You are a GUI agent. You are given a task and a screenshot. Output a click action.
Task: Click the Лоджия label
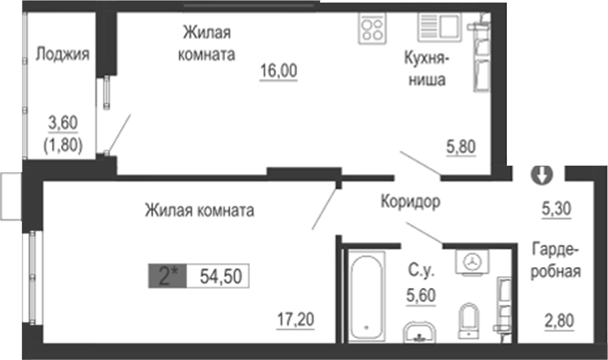tap(62, 54)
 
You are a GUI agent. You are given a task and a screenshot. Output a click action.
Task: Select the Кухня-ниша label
tap(426, 68)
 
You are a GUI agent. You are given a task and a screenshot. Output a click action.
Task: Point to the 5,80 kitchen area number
tap(461, 145)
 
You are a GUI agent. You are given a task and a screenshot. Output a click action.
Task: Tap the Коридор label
tap(411, 202)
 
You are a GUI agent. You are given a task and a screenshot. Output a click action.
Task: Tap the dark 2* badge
tap(167, 276)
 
